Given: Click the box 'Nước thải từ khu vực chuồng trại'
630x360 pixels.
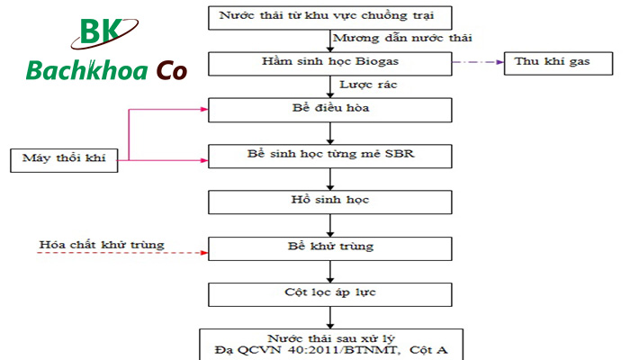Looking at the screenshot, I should (x=329, y=17).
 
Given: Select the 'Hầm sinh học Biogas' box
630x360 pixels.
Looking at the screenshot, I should (x=329, y=63).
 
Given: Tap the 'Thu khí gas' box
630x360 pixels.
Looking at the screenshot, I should (x=551, y=62).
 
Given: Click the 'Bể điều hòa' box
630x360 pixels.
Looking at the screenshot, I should (x=329, y=109).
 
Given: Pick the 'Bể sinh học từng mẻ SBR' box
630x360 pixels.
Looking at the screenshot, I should (x=329, y=155).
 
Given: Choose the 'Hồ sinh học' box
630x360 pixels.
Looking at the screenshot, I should (x=329, y=201).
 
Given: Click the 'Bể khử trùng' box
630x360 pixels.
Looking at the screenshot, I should (x=329, y=247).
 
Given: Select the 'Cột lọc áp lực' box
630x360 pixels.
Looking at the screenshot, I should (x=329, y=292).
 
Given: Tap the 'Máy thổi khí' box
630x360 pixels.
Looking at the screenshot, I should (x=65, y=160).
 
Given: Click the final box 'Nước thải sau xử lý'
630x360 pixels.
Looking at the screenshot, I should (x=329, y=343).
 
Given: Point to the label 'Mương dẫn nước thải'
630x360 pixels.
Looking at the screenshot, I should (x=402, y=38).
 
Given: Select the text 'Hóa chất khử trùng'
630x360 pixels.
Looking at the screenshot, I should (x=102, y=243).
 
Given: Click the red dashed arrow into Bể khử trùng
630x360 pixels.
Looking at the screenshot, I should (x=126, y=253).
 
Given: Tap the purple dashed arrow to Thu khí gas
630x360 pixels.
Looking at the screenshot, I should (x=477, y=62).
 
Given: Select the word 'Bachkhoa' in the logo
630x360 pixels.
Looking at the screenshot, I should (x=87, y=71).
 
